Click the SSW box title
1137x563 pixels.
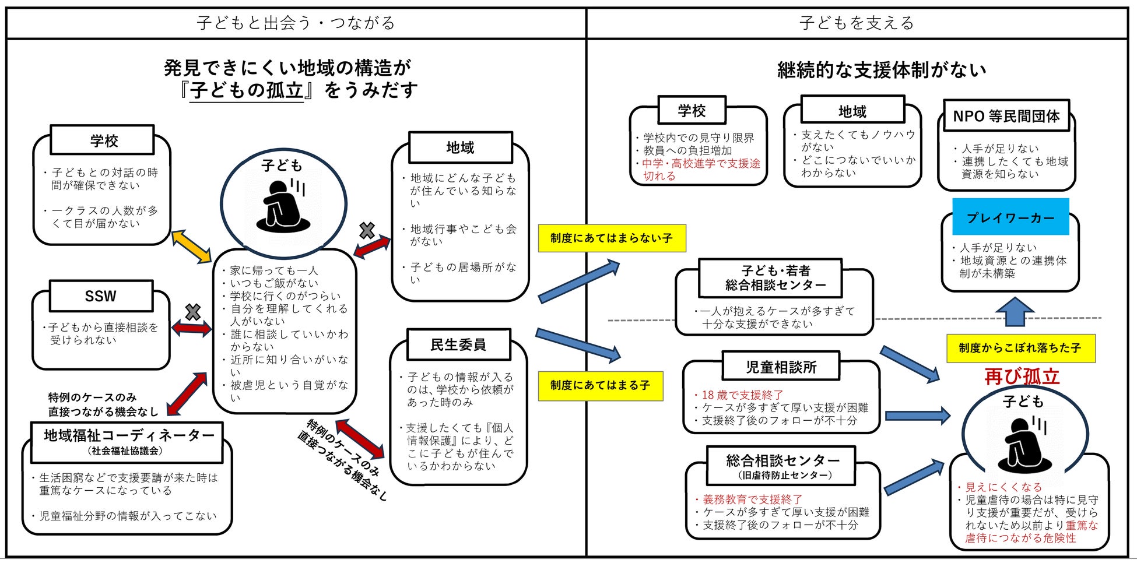(x=101, y=296)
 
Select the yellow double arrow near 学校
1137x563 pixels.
(x=191, y=247)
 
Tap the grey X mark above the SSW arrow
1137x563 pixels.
(x=192, y=312)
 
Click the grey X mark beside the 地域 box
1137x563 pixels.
(x=367, y=231)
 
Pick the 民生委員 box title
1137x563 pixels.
(x=458, y=344)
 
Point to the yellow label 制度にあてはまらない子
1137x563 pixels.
(x=611, y=238)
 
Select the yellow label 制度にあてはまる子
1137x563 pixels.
(x=600, y=385)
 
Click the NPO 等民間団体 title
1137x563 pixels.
(x=1006, y=116)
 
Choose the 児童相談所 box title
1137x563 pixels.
(x=781, y=367)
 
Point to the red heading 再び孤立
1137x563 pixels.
(x=1022, y=376)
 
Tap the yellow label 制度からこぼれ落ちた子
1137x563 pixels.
(x=1020, y=348)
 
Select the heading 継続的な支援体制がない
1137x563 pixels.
(x=882, y=70)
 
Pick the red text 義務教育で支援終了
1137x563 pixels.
(x=752, y=499)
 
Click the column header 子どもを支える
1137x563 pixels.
(x=857, y=23)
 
